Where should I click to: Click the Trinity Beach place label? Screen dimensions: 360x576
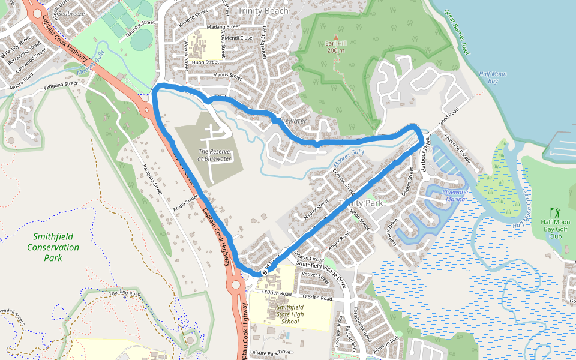click(263, 11)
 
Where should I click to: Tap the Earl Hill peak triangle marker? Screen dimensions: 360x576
click(335, 37)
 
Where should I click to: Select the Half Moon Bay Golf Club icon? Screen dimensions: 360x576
click(554, 212)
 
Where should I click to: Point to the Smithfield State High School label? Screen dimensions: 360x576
click(290, 314)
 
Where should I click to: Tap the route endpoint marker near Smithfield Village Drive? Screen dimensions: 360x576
click(264, 272)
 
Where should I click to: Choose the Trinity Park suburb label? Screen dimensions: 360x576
click(361, 203)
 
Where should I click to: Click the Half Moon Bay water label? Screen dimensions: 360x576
click(493, 77)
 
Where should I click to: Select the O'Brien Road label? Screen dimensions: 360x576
click(317, 297)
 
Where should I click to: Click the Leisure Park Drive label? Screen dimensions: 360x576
click(270, 352)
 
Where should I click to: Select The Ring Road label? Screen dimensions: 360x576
click(125, 293)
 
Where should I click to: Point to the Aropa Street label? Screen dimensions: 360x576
click(187, 202)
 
